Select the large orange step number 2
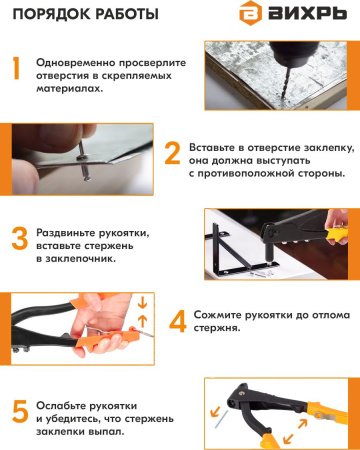coord(172,152)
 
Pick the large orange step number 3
coord(17,238)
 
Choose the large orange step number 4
coord(177,321)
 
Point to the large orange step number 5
coord(17,410)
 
